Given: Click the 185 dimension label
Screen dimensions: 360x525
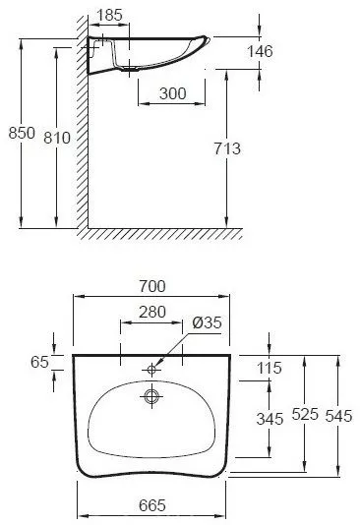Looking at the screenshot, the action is [x=109, y=15].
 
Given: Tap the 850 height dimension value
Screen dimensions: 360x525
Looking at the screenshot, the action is [x=22, y=133].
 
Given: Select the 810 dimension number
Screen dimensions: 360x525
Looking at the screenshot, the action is [x=57, y=138].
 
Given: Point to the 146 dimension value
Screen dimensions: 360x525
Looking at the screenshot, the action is [x=260, y=51].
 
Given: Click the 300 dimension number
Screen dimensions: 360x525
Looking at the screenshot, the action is [x=172, y=93].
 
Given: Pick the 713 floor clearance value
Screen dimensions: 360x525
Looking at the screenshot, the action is [x=227, y=148].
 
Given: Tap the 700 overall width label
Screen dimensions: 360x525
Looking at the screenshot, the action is [x=152, y=286].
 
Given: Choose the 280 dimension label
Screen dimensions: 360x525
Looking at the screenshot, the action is [x=152, y=312].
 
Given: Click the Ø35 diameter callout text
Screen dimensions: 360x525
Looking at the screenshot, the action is [x=207, y=322].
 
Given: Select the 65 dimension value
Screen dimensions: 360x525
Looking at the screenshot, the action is [x=39, y=362].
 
